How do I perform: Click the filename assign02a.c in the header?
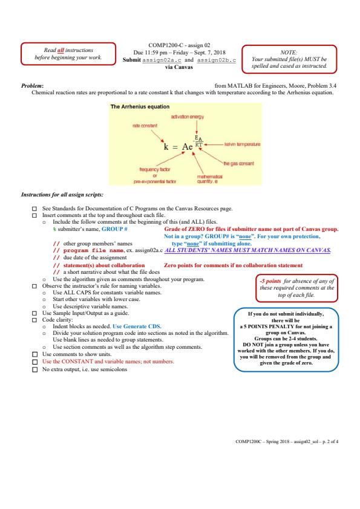coord(162,60)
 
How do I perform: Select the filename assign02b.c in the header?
coord(217,60)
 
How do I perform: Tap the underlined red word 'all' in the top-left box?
coord(61,50)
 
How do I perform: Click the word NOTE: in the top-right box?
coord(289,52)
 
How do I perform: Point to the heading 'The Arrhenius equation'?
coord(140,106)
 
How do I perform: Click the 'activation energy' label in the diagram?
coord(188,117)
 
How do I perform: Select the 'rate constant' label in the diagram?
coord(145,126)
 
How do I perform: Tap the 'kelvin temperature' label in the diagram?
coord(243,144)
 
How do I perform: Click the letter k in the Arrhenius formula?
coord(166,147)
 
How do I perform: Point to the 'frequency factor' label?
coord(155,169)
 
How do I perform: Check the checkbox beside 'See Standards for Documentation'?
coord(34,209)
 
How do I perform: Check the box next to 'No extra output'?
coord(34,369)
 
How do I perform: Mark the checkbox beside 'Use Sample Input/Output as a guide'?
coord(34,313)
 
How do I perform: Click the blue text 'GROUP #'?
coord(114,229)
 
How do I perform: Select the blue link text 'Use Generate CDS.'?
coord(137,326)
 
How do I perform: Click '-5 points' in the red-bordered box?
coord(270,281)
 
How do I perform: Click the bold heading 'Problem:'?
coord(33,86)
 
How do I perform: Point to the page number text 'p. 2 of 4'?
coord(330,441)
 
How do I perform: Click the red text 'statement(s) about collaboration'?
coord(104,265)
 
